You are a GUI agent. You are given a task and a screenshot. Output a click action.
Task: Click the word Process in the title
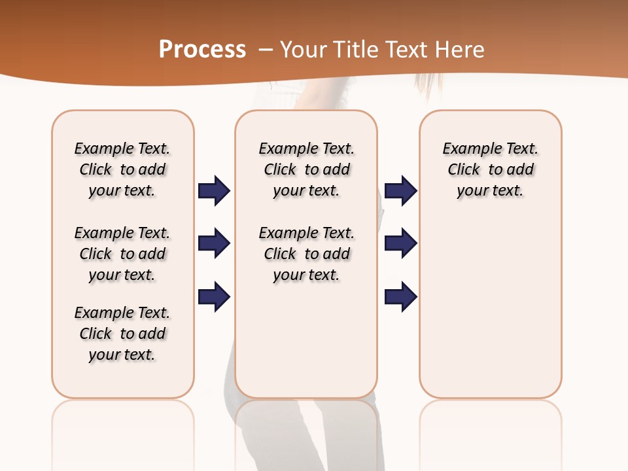tap(202, 50)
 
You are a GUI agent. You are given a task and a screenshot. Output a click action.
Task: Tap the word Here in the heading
tap(459, 50)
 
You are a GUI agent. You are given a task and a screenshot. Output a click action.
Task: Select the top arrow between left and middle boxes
tap(214, 191)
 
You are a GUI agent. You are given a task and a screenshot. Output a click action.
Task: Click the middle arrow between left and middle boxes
tap(214, 244)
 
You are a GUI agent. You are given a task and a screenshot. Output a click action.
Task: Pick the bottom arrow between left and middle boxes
tap(214, 297)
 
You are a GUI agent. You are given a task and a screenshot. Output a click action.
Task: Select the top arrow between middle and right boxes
tap(400, 191)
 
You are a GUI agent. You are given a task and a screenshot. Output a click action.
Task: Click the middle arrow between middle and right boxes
tap(400, 244)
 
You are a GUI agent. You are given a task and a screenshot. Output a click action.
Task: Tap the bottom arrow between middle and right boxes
tap(400, 297)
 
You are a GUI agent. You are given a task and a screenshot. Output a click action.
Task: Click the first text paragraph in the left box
tap(122, 169)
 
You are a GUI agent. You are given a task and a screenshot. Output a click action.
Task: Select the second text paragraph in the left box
tap(122, 254)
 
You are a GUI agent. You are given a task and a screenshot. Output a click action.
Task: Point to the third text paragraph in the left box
tap(122, 334)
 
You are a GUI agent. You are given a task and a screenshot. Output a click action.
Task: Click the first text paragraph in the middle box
tap(306, 169)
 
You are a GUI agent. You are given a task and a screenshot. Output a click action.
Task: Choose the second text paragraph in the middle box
tap(306, 254)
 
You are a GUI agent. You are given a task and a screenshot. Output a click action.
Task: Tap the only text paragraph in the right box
tap(490, 169)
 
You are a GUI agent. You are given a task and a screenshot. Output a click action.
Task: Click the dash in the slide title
tap(266, 50)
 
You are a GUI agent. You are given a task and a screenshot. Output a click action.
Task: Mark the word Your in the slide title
tap(304, 50)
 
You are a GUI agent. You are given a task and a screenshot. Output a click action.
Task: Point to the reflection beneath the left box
tap(123, 432)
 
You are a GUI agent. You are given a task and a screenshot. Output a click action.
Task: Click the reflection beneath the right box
tap(490, 432)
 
